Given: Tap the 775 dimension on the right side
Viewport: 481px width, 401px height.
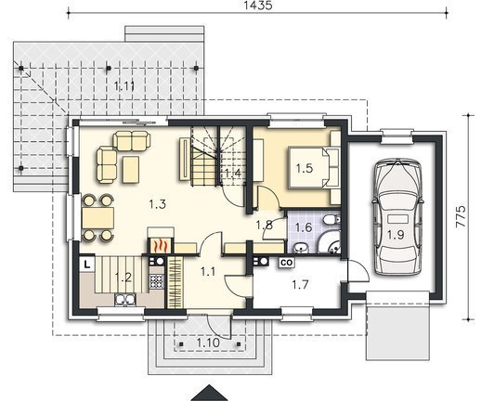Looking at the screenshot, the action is point(461,216).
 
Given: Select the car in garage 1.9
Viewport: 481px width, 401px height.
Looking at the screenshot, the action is point(396,216).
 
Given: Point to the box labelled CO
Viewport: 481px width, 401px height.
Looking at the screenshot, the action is point(286,263).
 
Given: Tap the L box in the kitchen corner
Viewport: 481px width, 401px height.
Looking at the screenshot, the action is point(87,265).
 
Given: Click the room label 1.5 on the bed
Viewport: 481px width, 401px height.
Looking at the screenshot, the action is point(305,169).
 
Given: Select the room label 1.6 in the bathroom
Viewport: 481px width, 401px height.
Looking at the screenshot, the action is point(304,227).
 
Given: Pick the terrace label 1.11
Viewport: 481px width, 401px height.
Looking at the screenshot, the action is point(124,86).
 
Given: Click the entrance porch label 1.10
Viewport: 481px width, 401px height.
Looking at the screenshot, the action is point(208,343).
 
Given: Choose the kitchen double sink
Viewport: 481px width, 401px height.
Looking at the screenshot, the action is point(125,299).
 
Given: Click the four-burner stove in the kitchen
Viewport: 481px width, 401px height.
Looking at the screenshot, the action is point(156,281).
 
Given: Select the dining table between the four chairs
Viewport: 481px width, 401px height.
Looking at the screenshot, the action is point(98,218).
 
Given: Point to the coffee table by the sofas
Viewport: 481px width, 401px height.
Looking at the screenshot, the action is point(131,170).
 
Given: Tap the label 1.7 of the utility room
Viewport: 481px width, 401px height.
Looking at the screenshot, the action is point(301,284).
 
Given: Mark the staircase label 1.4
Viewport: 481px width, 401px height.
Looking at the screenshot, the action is point(233,173).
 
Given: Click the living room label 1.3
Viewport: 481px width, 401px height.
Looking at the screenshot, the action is point(158,204).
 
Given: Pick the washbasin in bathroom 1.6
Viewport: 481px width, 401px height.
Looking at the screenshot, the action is point(300,248).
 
